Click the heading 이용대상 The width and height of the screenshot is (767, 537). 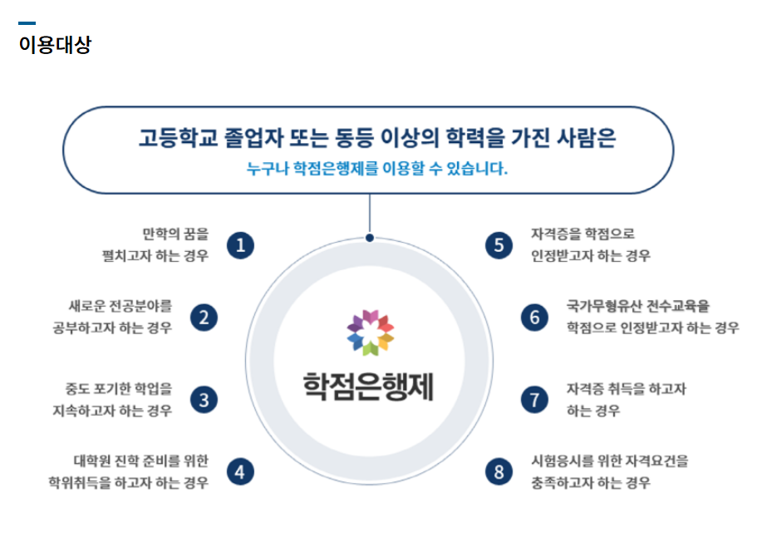pyautogui.click(x=55, y=45)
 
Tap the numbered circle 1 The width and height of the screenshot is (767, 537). pyautogui.click(x=241, y=244)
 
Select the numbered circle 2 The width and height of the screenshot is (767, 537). pyautogui.click(x=204, y=317)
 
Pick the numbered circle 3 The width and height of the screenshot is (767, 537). pyautogui.click(x=204, y=399)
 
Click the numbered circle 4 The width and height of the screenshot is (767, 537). pyautogui.click(x=241, y=472)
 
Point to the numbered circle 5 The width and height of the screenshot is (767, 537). pyautogui.click(x=499, y=244)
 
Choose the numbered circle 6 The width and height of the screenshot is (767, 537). pyautogui.click(x=535, y=317)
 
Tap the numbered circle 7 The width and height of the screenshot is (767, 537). pyautogui.click(x=535, y=399)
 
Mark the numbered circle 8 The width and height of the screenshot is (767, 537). pyautogui.click(x=499, y=472)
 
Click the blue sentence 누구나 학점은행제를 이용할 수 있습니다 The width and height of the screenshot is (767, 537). pyautogui.click(x=376, y=169)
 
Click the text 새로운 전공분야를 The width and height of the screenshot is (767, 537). pyautogui.click(x=121, y=305)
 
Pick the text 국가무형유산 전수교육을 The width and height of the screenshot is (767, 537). pyautogui.click(x=639, y=305)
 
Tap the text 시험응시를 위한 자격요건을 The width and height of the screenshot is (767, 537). pyautogui.click(x=610, y=461)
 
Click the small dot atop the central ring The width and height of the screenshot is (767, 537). pyautogui.click(x=370, y=238)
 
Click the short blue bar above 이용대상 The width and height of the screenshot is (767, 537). pyautogui.click(x=27, y=23)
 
